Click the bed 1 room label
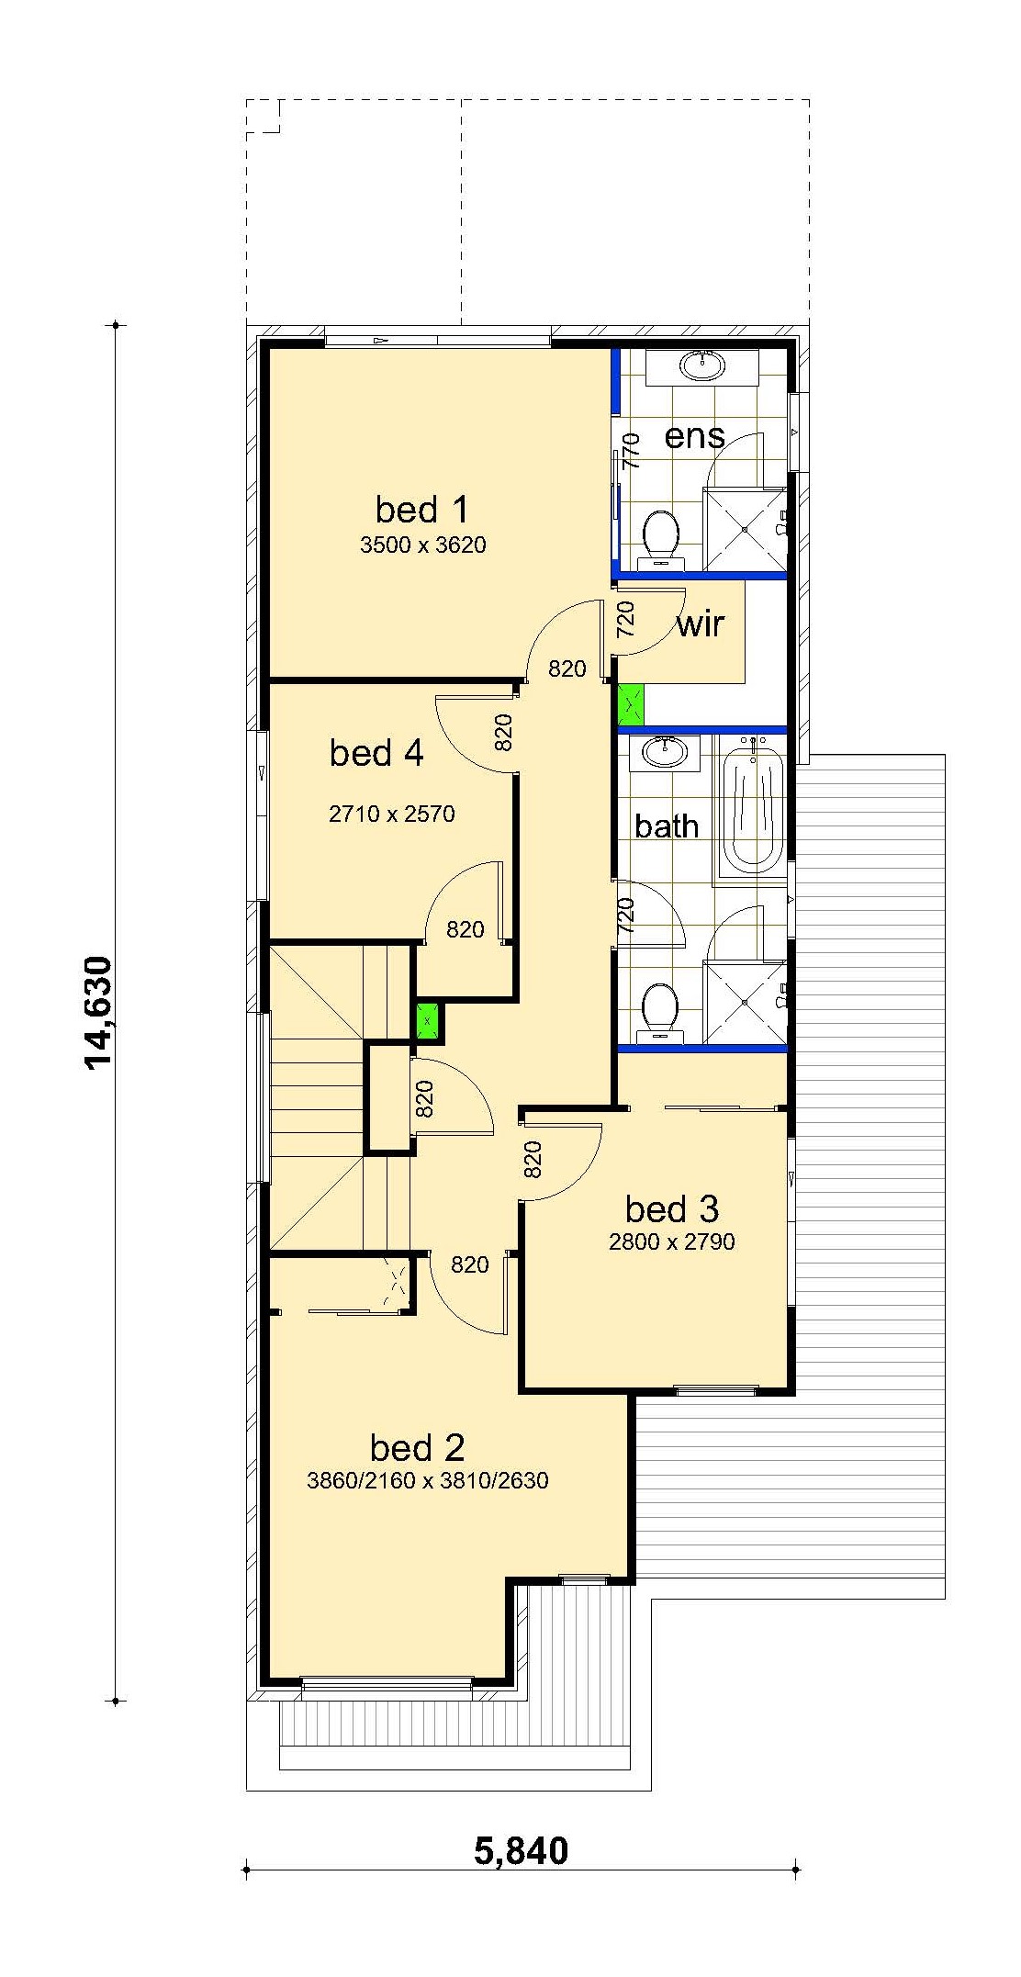coord(421,510)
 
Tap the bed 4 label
coord(376,753)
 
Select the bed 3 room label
coord(672,1209)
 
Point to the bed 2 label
coord(417,1448)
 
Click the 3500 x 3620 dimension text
coord(423,545)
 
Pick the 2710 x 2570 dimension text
coord(392,814)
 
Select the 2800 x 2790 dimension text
coord(672,1242)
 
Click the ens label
coord(695,436)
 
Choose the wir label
coord(701,625)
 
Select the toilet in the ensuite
coord(660,535)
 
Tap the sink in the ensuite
coord(702,366)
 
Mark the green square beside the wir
coord(631,705)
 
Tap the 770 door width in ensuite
coord(631,452)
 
